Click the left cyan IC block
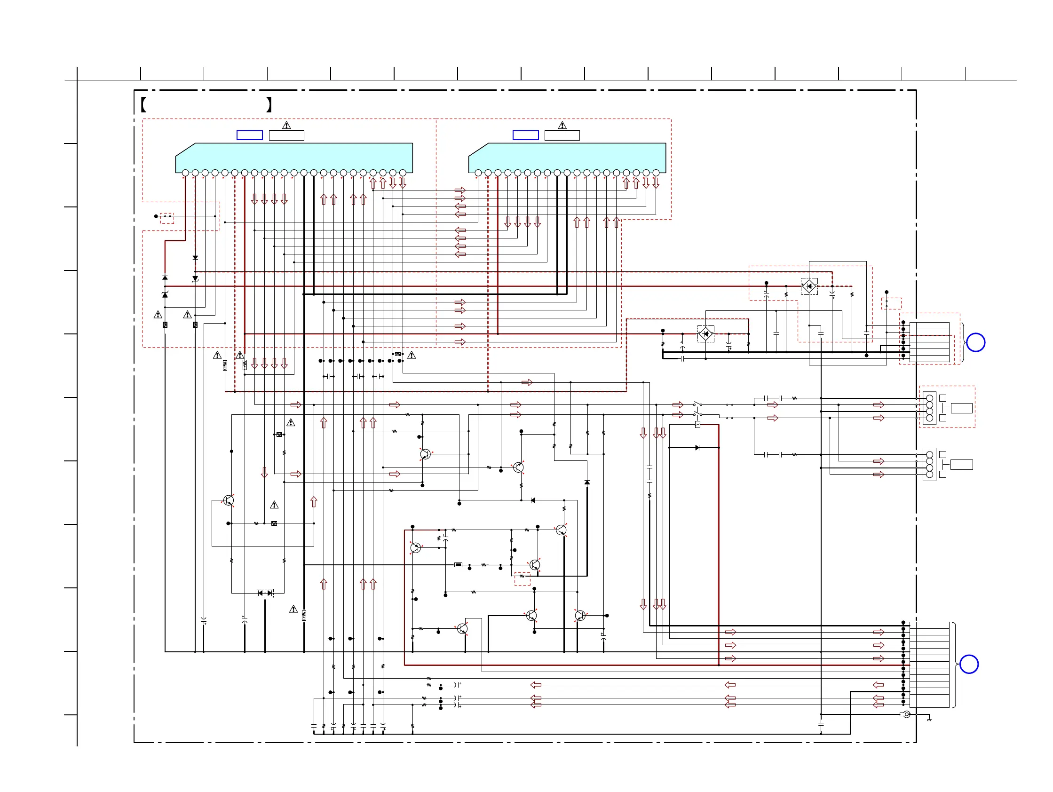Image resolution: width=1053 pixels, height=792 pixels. click(x=294, y=157)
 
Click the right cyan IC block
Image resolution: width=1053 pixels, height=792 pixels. click(x=567, y=157)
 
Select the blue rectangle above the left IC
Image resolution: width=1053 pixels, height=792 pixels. click(x=249, y=135)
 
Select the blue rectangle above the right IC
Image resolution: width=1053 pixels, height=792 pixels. click(x=525, y=135)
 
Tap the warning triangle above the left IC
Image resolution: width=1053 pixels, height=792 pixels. click(x=286, y=125)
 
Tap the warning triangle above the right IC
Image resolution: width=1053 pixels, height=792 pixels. click(x=562, y=125)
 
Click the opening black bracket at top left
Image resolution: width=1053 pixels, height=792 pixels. click(x=143, y=104)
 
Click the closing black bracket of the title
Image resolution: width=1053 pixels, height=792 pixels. click(x=269, y=104)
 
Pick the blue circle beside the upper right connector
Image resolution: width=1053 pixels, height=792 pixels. click(x=975, y=342)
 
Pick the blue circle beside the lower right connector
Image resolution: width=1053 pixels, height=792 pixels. click(x=969, y=664)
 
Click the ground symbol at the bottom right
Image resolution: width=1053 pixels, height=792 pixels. click(x=929, y=719)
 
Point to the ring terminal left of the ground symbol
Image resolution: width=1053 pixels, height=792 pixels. click(x=906, y=714)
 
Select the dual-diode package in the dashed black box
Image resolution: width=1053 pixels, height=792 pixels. click(x=265, y=593)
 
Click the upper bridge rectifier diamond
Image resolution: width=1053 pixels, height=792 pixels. click(x=809, y=286)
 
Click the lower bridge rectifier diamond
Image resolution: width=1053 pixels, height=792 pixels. click(x=705, y=333)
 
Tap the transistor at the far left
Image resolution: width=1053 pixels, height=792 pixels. click(x=229, y=500)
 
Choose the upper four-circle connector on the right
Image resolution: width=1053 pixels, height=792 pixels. click(x=929, y=408)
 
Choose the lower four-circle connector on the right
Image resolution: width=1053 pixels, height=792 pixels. click(x=929, y=464)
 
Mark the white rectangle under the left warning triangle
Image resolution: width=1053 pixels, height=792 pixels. click(x=286, y=135)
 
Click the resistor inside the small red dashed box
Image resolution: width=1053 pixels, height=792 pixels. click(x=522, y=576)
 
